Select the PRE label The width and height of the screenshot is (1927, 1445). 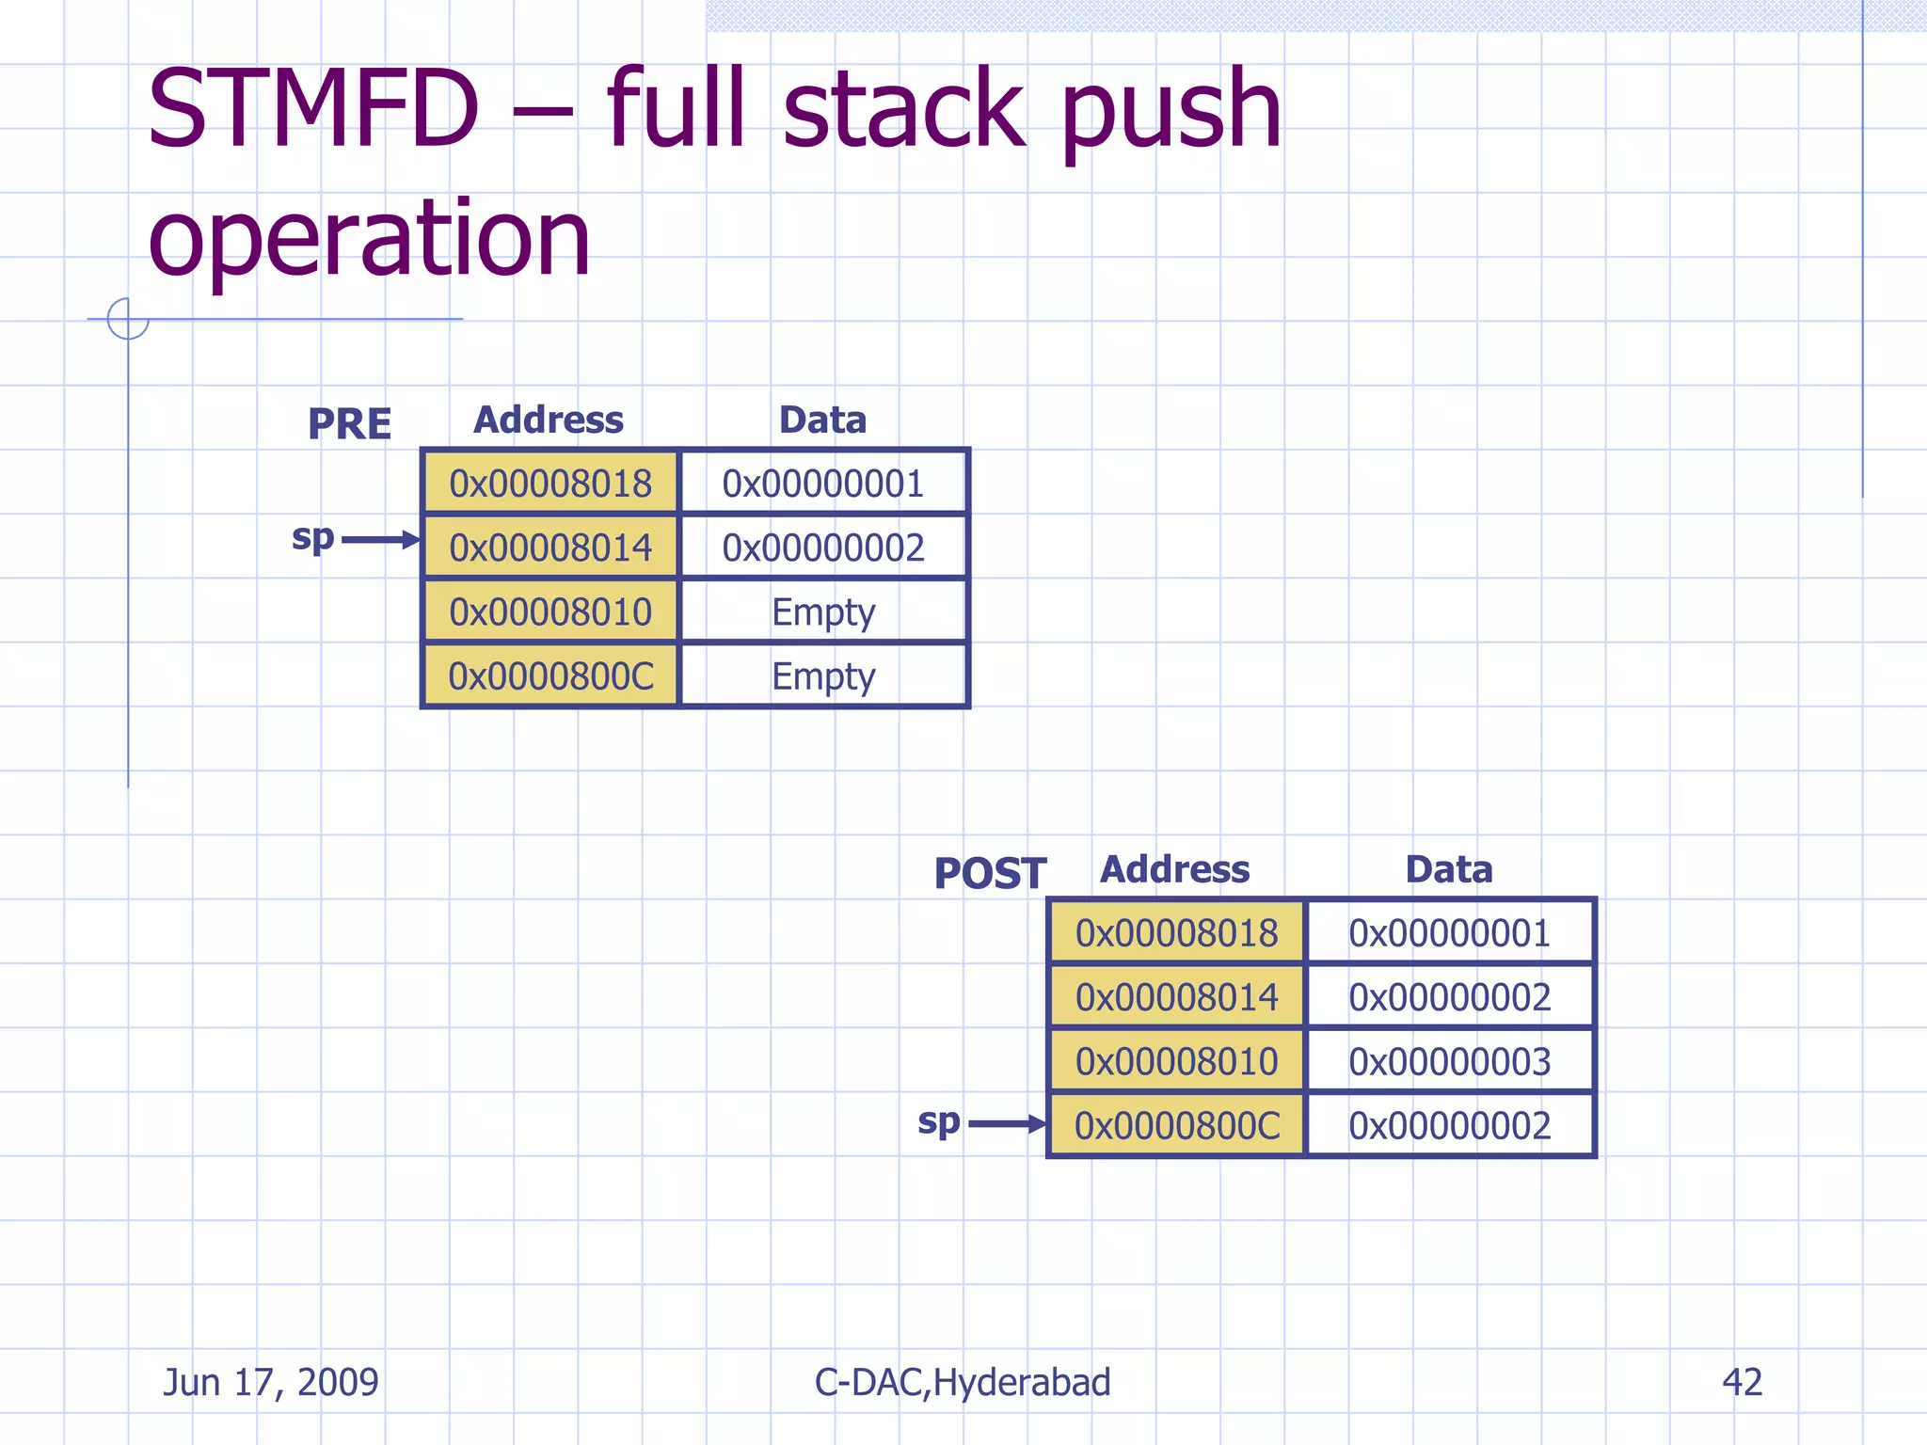tap(349, 424)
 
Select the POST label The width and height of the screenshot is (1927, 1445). tap(989, 874)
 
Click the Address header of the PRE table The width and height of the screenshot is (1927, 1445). tap(549, 420)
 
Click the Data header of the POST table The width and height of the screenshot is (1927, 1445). tap(1448, 869)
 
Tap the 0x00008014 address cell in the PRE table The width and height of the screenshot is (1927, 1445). tap(550, 548)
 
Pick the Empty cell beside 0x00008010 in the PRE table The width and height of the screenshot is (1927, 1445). tap(823, 612)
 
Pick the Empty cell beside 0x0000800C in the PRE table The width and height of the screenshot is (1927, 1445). tap(823, 676)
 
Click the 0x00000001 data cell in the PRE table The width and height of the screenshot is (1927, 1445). tap(823, 484)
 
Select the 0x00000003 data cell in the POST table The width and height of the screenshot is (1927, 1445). tap(1449, 1061)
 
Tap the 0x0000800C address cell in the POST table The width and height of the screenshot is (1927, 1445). tap(1177, 1125)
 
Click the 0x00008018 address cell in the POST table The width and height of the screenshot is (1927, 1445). tap(1177, 933)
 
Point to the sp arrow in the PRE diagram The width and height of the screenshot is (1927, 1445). tap(379, 540)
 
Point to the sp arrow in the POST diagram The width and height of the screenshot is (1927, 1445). tap(1006, 1124)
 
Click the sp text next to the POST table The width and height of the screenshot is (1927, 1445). tap(938, 1121)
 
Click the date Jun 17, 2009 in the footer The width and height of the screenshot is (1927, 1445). tap(271, 1382)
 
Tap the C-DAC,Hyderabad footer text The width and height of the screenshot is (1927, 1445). tap(963, 1382)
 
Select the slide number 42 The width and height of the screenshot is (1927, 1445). tap(1742, 1382)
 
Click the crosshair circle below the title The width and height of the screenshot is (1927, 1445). tap(128, 319)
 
